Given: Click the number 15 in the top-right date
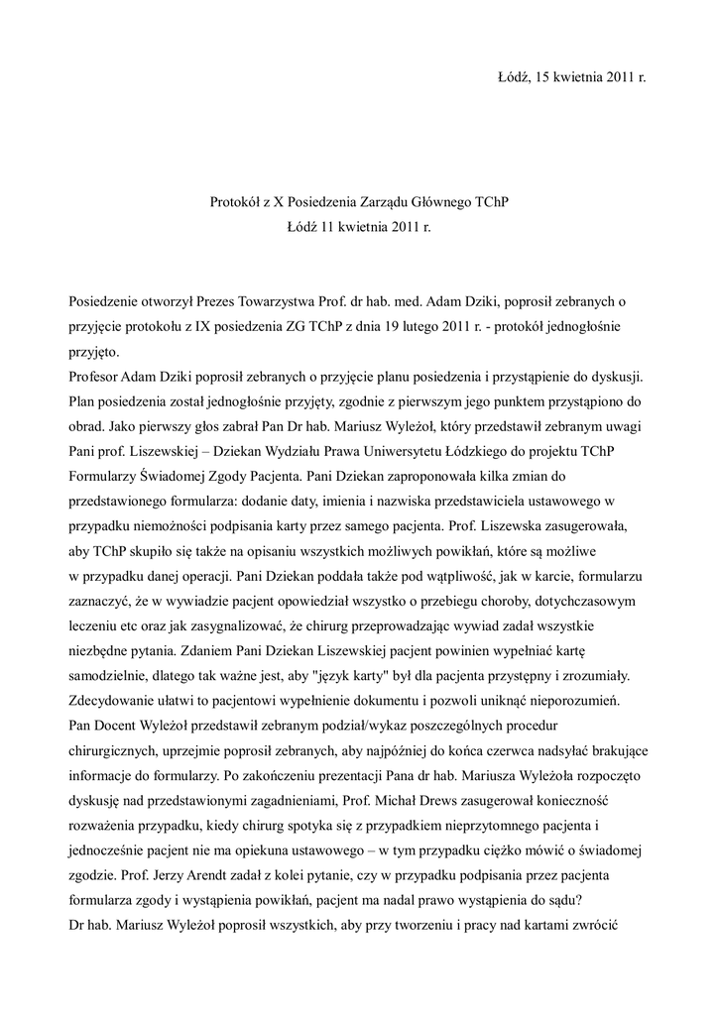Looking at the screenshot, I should (x=542, y=76).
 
